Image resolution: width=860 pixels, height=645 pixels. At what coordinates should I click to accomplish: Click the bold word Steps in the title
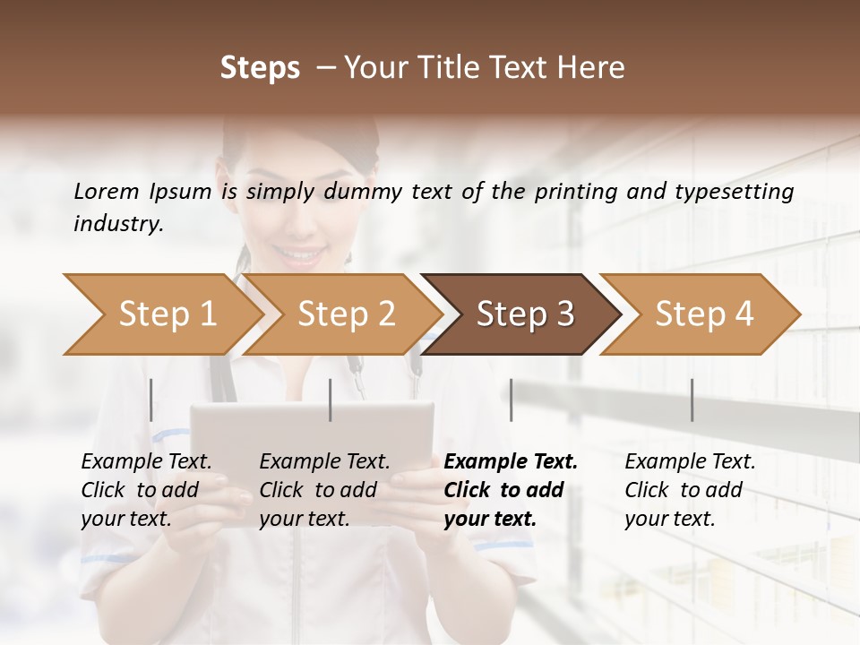click(260, 68)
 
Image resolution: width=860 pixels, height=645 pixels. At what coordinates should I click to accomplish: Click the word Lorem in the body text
click(106, 191)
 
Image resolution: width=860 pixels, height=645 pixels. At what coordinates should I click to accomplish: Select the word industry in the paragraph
click(116, 224)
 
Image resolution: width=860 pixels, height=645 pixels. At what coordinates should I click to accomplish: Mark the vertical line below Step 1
click(151, 400)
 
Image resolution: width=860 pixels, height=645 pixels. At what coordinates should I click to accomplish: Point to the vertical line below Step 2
click(331, 400)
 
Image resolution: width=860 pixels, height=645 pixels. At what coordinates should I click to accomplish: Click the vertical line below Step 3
click(511, 400)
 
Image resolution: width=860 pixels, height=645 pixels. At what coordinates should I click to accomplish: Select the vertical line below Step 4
click(692, 400)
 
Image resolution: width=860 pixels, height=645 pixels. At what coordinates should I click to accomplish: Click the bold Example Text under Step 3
click(511, 461)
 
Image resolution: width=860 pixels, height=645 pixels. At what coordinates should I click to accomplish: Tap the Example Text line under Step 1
click(146, 461)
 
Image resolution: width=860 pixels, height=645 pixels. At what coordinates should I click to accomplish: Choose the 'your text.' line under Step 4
click(669, 519)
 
